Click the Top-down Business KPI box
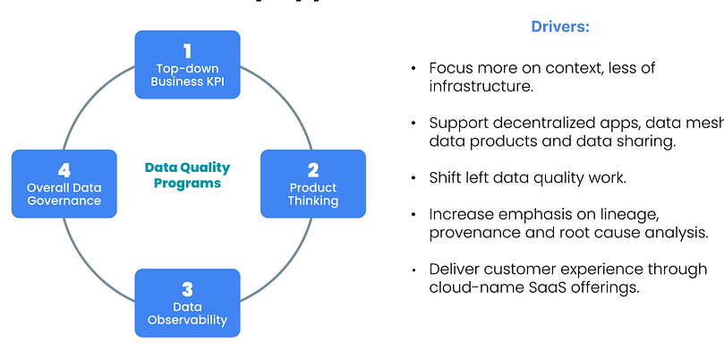coord(188,64)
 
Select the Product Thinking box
coord(313,184)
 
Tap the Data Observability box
coord(188,303)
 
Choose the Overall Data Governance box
coord(64,184)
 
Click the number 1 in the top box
coord(188,50)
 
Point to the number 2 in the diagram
coord(313,168)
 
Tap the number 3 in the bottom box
coord(188,288)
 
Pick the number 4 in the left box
coord(64,168)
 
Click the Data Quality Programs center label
coord(187,175)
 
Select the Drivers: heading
coord(561,27)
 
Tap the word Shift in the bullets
coord(445,177)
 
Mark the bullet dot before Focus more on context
coord(413,68)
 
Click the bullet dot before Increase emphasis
coord(413,215)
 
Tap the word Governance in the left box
coord(64,201)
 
